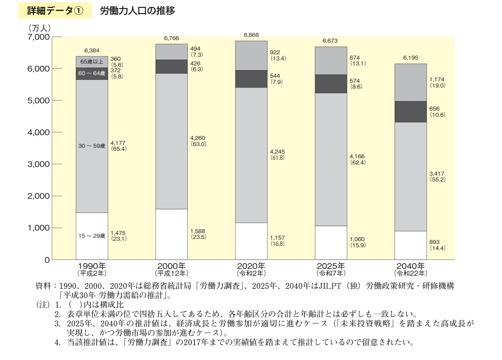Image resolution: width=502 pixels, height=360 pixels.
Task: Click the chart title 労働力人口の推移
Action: (x=137, y=10)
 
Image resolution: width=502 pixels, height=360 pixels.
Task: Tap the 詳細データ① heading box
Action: (x=55, y=10)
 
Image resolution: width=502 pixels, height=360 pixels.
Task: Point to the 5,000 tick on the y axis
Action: (x=38, y=100)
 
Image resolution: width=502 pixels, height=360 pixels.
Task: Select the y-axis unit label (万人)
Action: (x=39, y=28)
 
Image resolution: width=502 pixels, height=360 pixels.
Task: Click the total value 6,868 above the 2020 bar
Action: (x=251, y=35)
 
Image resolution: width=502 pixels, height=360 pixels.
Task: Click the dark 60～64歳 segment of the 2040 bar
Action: (x=410, y=112)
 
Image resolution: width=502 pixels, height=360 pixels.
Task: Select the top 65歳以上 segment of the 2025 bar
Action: (x=331, y=60)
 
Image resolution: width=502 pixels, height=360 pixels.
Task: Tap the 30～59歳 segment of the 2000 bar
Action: (x=171, y=141)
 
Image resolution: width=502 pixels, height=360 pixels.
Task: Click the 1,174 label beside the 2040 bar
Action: (x=437, y=80)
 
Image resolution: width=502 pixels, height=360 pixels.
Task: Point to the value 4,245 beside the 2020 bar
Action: (x=277, y=152)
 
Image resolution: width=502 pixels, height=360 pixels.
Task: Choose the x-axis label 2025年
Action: (x=331, y=266)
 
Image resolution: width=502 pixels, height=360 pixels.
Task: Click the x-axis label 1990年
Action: (x=92, y=266)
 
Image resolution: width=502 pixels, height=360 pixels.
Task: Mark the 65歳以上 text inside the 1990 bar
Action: (x=92, y=62)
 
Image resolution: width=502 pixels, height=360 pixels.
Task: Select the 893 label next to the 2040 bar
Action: (x=434, y=242)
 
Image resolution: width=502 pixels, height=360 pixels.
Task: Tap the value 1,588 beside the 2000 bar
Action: (x=198, y=231)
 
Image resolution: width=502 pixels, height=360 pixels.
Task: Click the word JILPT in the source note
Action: (x=330, y=286)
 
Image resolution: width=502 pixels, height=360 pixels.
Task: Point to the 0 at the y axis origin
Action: (x=47, y=260)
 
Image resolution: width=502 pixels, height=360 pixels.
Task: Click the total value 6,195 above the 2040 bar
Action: (x=410, y=58)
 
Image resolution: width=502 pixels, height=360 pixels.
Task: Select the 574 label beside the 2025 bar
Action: (x=355, y=81)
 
